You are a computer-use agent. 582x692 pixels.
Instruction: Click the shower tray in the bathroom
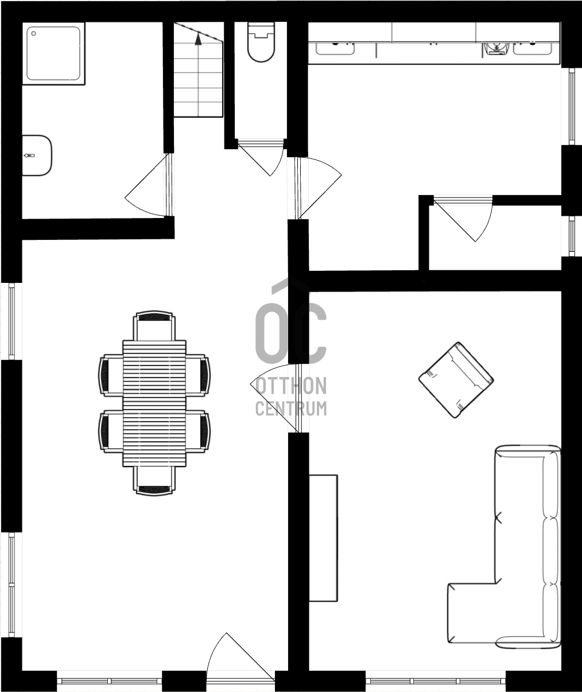coord(53,53)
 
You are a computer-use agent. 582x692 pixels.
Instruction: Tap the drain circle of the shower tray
coord(33,33)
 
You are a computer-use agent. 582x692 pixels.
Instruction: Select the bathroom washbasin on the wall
coord(37,155)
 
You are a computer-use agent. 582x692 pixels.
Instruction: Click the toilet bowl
coord(261,42)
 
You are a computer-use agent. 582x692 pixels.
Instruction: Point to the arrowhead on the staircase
coord(199,39)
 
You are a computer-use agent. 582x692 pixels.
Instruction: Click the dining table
coord(154,403)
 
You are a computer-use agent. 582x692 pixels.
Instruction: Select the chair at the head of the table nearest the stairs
coord(154,326)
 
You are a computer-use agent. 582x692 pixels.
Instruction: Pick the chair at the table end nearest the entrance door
coord(154,481)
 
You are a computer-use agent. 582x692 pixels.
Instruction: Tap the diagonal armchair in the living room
coord(456,380)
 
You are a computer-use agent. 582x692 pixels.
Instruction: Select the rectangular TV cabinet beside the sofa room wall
coord(323,538)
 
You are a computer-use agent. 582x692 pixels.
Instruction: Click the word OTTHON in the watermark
coord(291,386)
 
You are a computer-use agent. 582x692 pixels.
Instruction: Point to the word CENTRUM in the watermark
coord(291,409)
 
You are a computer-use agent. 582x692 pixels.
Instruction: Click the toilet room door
coord(261,158)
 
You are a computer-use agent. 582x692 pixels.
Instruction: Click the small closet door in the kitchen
coord(463,219)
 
